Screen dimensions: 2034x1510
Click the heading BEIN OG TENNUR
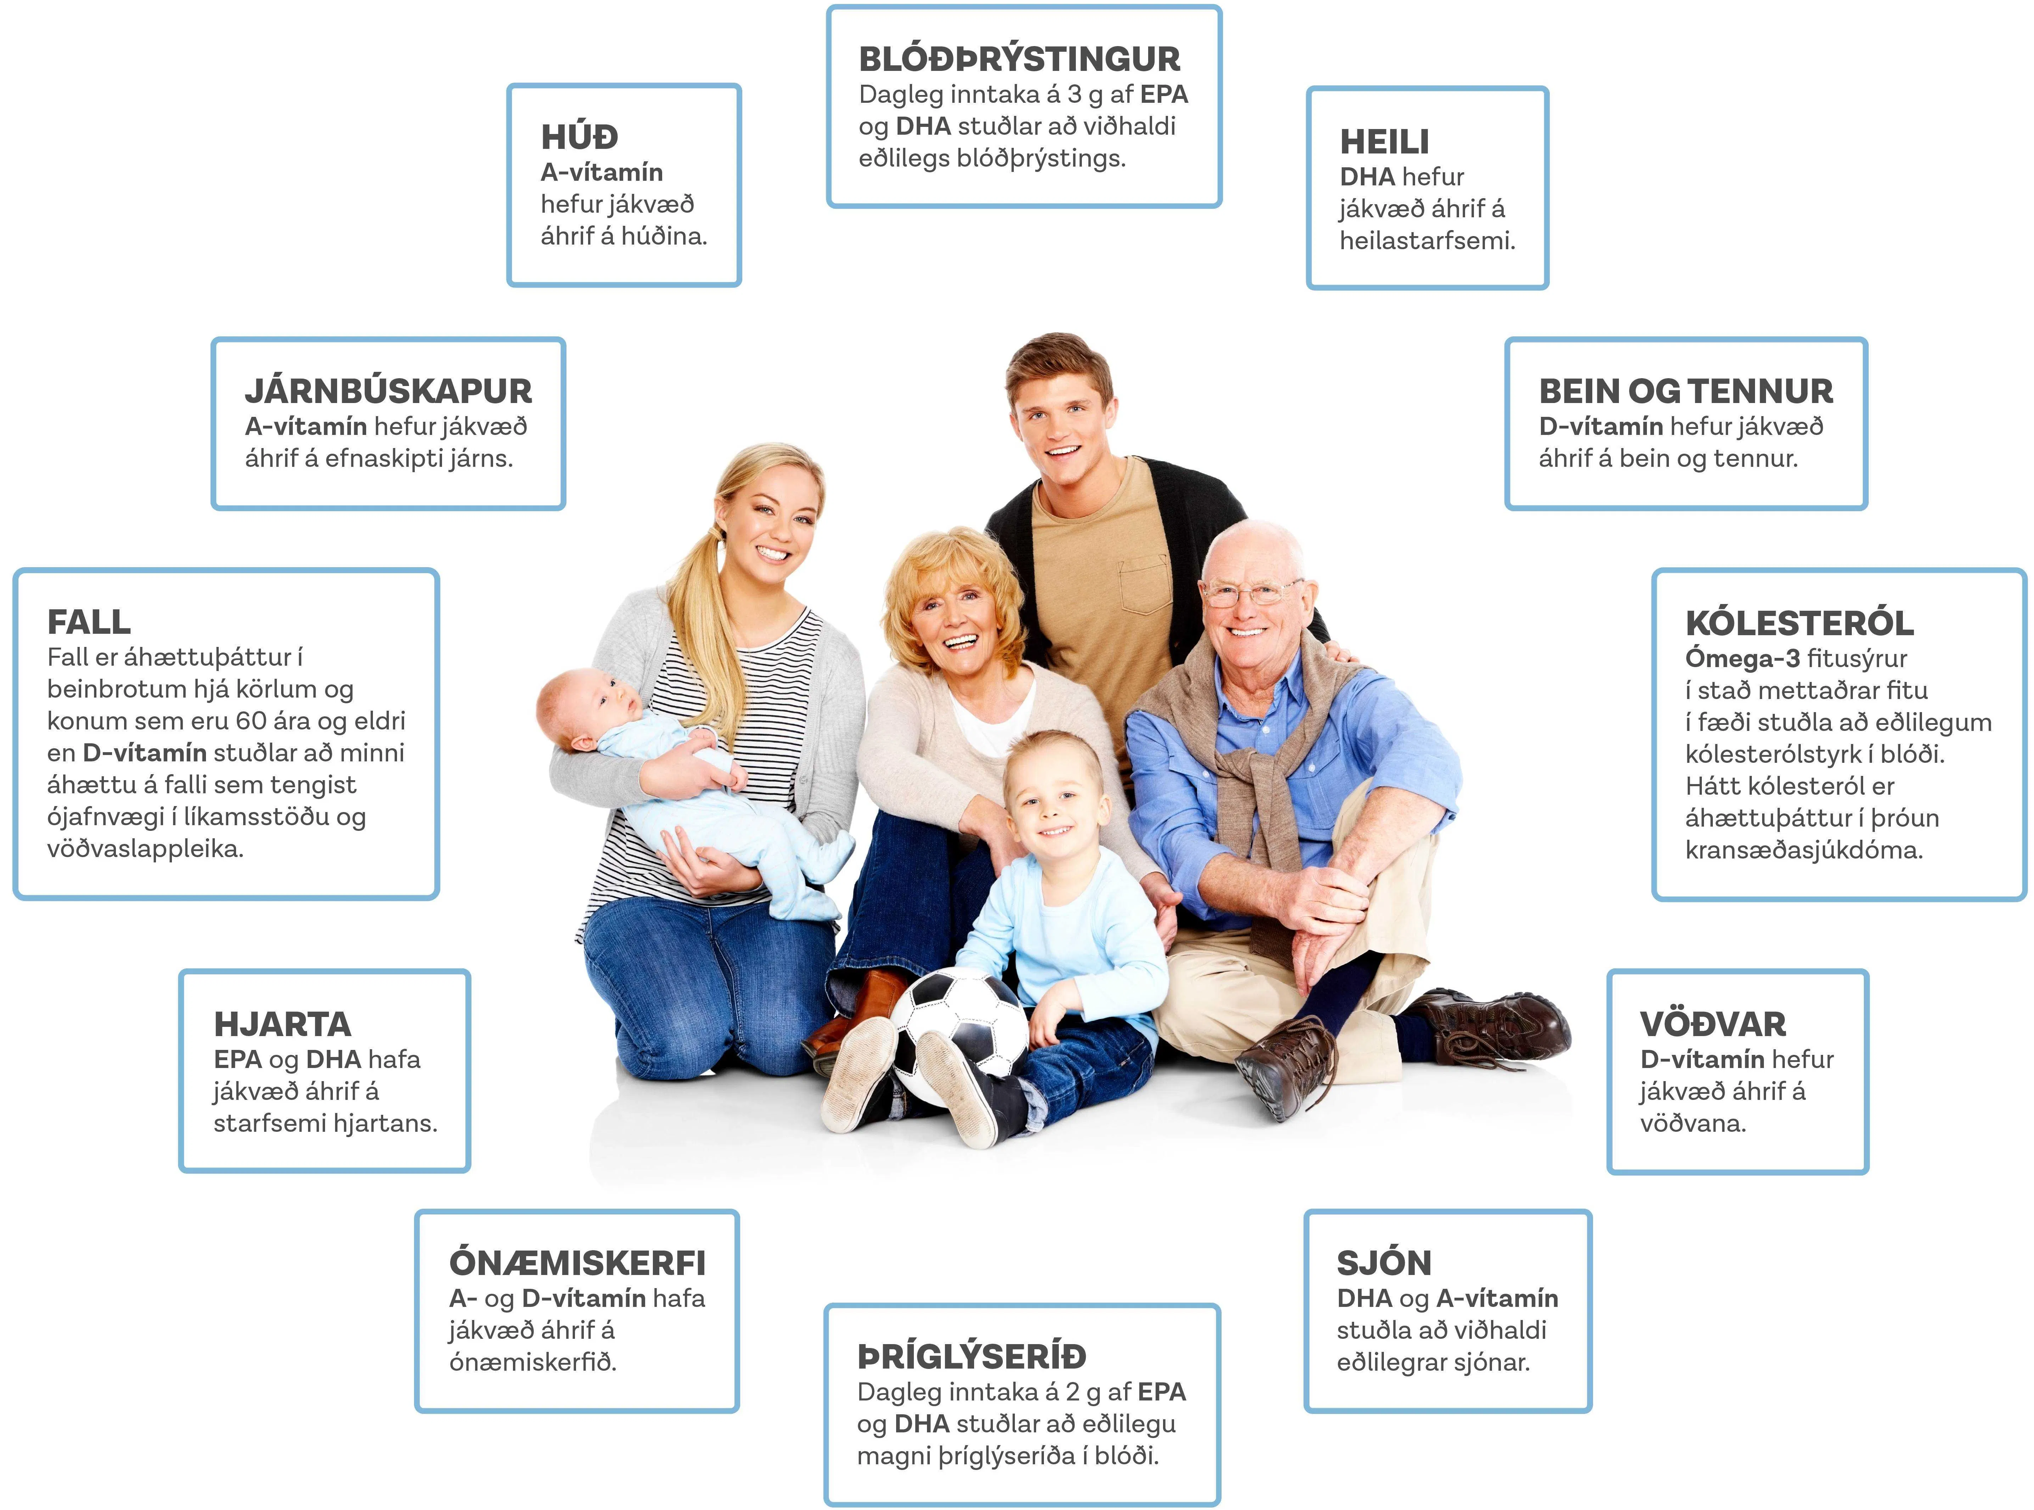[x=1686, y=391]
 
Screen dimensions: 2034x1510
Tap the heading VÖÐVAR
[x=1712, y=1024]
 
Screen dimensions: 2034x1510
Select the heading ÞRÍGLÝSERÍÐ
[x=972, y=1357]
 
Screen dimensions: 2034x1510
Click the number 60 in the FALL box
[x=251, y=721]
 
